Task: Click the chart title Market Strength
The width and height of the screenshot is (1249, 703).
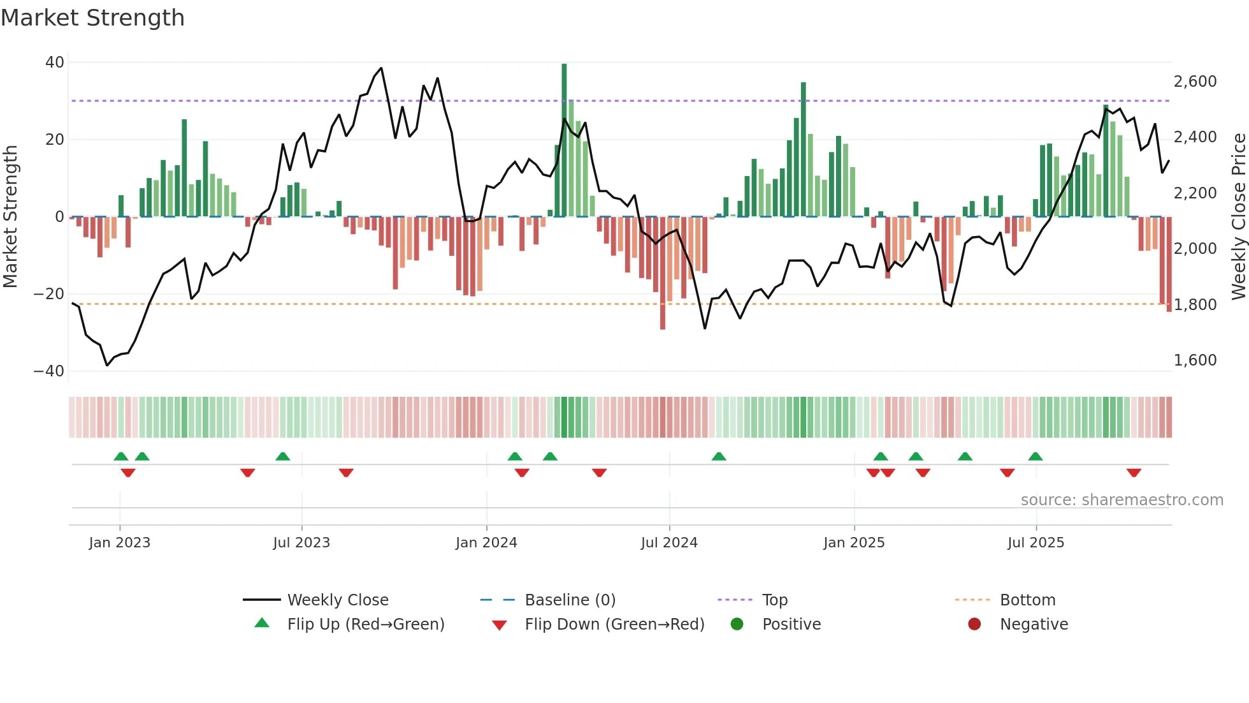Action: click(x=92, y=18)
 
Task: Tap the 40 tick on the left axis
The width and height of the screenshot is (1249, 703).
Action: click(x=55, y=63)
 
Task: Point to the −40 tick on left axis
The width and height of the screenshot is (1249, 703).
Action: click(x=49, y=371)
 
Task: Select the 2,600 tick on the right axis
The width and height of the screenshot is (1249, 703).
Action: click(x=1195, y=82)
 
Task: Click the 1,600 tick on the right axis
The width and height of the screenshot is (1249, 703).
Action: click(x=1195, y=360)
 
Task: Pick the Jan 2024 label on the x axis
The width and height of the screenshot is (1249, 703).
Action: click(x=486, y=543)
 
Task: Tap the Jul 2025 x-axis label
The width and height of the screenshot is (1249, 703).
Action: click(x=1036, y=543)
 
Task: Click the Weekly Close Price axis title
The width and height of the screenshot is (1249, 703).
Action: click(x=1238, y=217)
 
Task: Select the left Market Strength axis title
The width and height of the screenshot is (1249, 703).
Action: click(x=10, y=217)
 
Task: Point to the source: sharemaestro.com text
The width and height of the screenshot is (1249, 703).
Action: click(x=1122, y=500)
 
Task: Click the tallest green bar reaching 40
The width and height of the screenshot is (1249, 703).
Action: click(x=564, y=140)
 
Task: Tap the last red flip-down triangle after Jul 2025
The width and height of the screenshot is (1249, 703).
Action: click(x=1134, y=473)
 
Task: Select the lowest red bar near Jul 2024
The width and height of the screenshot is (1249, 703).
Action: click(x=663, y=274)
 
